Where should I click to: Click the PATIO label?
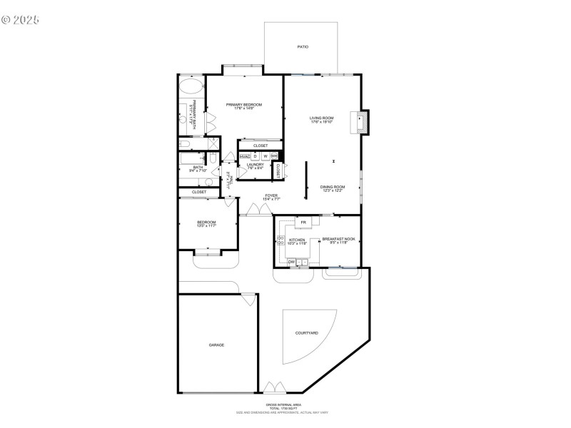(303, 47)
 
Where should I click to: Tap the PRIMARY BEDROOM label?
(244, 106)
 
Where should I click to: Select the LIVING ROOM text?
(322, 119)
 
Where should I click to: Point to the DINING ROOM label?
(333, 188)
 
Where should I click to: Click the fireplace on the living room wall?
(362, 121)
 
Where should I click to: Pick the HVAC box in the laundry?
(245, 156)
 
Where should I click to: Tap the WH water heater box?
(274, 156)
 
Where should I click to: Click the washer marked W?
(265, 156)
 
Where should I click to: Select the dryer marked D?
(256, 156)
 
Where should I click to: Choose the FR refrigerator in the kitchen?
(303, 223)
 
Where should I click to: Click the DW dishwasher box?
(291, 262)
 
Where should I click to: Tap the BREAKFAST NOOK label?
(338, 240)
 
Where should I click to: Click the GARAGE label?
(216, 345)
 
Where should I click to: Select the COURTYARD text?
(306, 333)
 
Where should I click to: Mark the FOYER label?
(271, 196)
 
